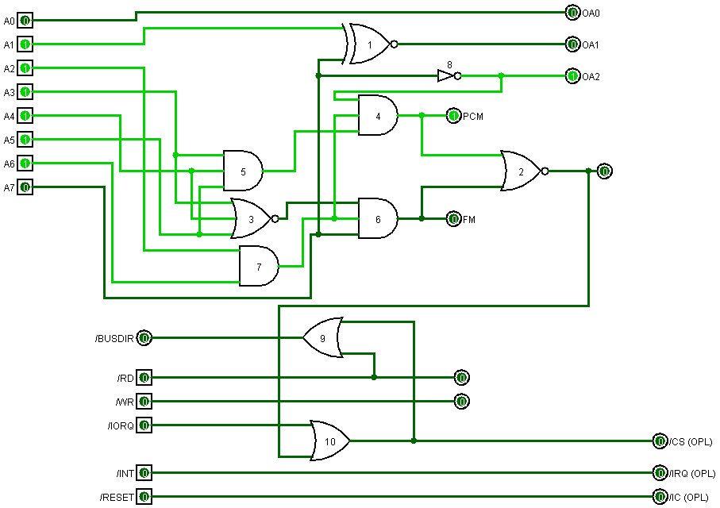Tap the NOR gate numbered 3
pos(251,218)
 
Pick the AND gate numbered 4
pos(378,116)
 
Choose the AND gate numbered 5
pos(243,171)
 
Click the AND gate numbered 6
pos(378,218)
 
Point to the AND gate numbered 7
pos(259,266)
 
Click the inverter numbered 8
pos(447,76)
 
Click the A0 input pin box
pos(25,21)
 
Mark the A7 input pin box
pos(25,187)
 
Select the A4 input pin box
pos(25,116)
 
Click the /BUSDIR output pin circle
pos(144,338)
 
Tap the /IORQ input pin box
pos(144,425)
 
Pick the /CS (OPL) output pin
pos(660,441)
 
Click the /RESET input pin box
pos(144,497)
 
